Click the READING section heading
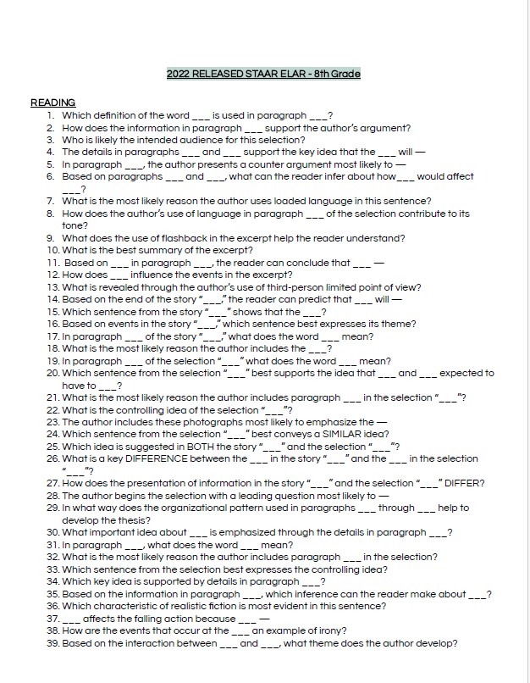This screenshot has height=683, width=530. click(52, 103)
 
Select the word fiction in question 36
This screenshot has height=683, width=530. click(218, 606)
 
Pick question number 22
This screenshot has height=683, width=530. click(53, 410)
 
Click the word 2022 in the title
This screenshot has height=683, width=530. click(179, 75)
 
